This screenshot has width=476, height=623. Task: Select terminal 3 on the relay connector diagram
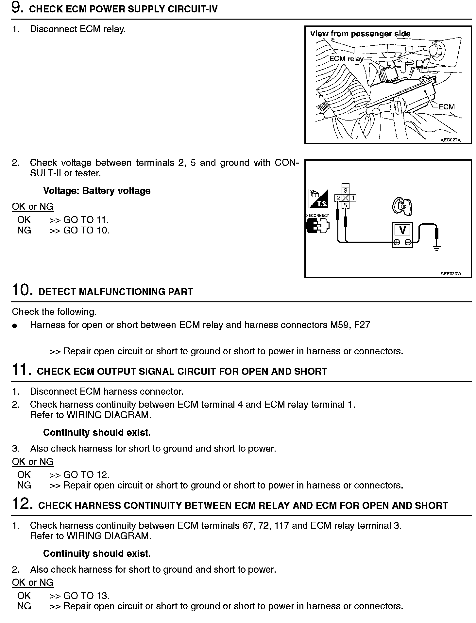pyautogui.click(x=346, y=190)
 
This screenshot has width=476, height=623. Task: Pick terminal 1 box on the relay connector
pyautogui.click(x=353, y=198)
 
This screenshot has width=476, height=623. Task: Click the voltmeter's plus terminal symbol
pyautogui.click(x=397, y=242)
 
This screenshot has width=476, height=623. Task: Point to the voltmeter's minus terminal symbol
pyautogui.click(x=408, y=242)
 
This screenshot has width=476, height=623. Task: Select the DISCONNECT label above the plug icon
pyautogui.click(x=317, y=216)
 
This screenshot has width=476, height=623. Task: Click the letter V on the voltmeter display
pyautogui.click(x=402, y=230)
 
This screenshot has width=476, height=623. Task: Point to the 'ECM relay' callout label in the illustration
pyautogui.click(x=347, y=59)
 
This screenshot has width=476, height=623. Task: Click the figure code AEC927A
pyautogui.click(x=450, y=140)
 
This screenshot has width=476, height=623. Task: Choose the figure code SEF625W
pyautogui.click(x=450, y=274)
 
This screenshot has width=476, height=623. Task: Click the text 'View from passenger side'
pyautogui.click(x=360, y=34)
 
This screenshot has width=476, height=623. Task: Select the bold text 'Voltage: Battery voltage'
pyautogui.click(x=97, y=191)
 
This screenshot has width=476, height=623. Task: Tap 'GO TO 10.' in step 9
pyautogui.click(x=86, y=231)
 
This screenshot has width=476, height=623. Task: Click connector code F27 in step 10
pyautogui.click(x=362, y=325)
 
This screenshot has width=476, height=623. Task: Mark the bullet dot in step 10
pyautogui.click(x=14, y=326)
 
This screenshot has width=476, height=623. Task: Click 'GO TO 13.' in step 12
pyautogui.click(x=86, y=596)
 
